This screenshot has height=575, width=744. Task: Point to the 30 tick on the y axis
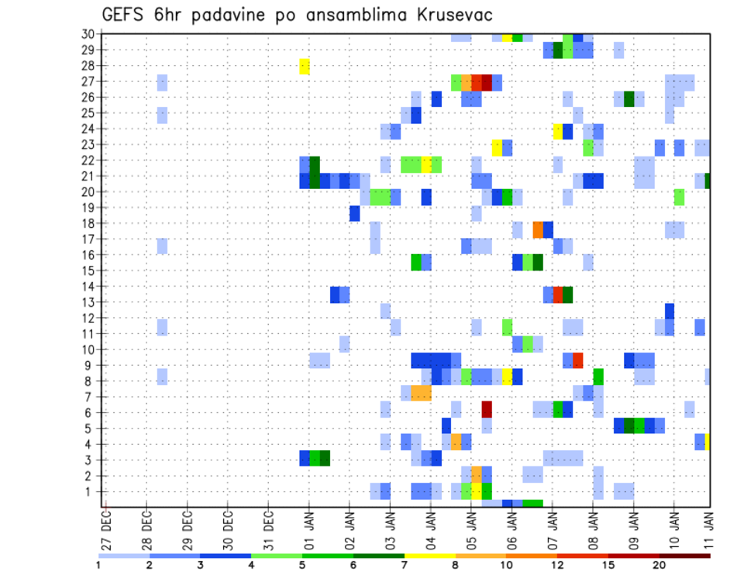[88, 34]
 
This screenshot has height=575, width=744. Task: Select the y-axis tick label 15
[88, 270]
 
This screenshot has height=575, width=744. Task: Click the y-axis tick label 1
[91, 491]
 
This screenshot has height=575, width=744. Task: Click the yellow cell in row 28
[305, 67]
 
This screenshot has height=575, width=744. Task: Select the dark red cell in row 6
[487, 409]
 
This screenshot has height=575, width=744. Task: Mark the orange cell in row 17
[538, 230]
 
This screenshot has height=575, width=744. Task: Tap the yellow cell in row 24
[558, 131]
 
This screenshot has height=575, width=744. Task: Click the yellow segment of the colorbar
[430, 555]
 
